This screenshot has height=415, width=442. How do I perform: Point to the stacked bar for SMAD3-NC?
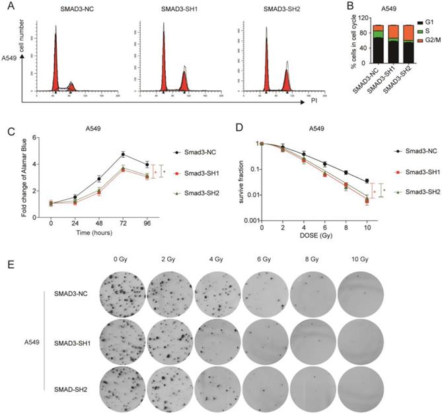[x=378, y=46]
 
